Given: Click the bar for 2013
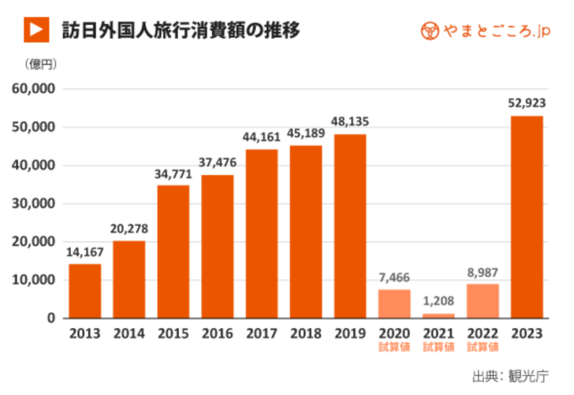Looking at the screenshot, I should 85,291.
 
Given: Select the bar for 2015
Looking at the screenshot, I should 173,251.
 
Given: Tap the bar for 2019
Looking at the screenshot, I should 350,226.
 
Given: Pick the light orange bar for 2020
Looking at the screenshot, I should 394,304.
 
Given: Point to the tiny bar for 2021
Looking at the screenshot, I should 438,315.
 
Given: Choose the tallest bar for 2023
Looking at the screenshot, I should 527,217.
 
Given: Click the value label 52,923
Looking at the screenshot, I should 527,103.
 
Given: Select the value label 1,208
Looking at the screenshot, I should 438,301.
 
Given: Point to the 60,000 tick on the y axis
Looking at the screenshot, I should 34,89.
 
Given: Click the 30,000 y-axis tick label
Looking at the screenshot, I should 34,204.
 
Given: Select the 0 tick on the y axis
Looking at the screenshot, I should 50,318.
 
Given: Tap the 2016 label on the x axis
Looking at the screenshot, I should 217,333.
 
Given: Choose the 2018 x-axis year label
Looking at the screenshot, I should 306,333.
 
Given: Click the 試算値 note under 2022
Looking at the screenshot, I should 483,347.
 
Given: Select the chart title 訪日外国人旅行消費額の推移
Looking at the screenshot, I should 180,30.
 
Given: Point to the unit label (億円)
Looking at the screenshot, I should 41,65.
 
